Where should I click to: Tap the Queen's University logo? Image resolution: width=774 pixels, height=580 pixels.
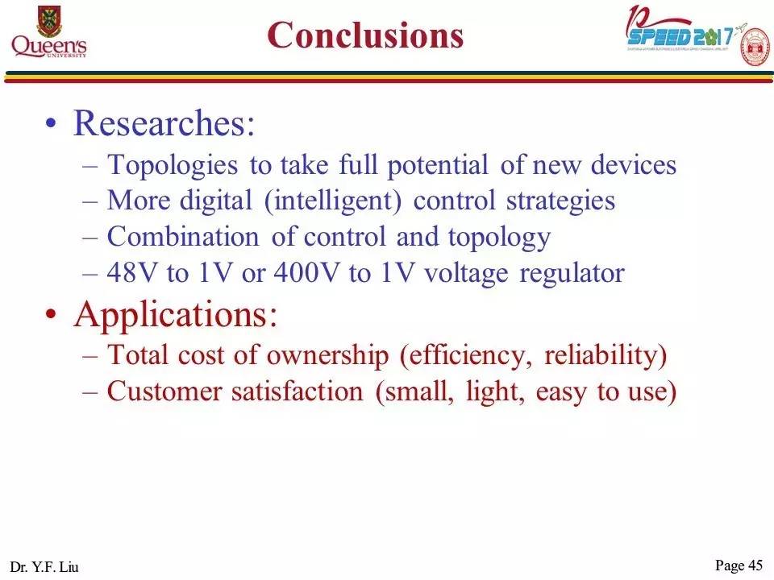coord(48,32)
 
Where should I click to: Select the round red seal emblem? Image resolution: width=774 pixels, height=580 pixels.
coord(754,47)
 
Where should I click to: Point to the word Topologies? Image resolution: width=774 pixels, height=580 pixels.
coord(173,165)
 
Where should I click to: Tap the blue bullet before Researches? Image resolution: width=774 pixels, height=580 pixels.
coord(52,125)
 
